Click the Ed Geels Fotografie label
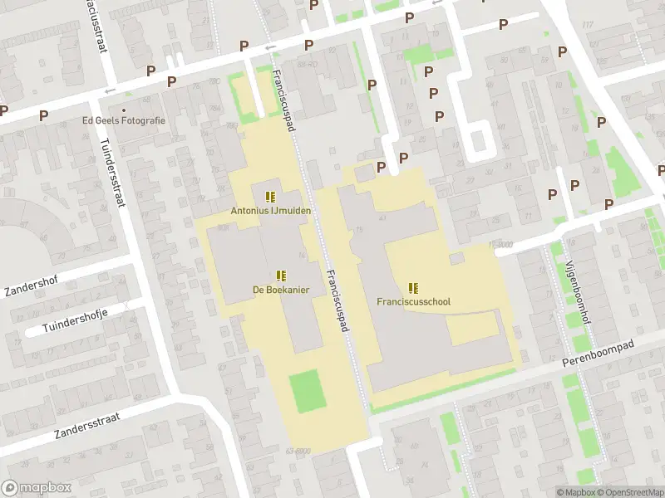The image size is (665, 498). tap(124, 120)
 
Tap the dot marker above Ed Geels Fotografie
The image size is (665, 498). tap(124, 110)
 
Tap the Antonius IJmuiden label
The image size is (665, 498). tap(271, 211)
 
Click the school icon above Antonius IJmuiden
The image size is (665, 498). tap(269, 197)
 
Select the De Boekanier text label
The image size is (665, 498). tap(282, 290)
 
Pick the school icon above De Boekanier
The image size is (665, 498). tap(281, 276)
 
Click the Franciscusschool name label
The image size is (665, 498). tap(413, 302)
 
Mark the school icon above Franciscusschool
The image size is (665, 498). tap(413, 288)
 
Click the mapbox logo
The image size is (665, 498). tap(35, 488)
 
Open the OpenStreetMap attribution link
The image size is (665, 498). tap(630, 492)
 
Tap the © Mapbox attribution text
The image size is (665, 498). tap(577, 492)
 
